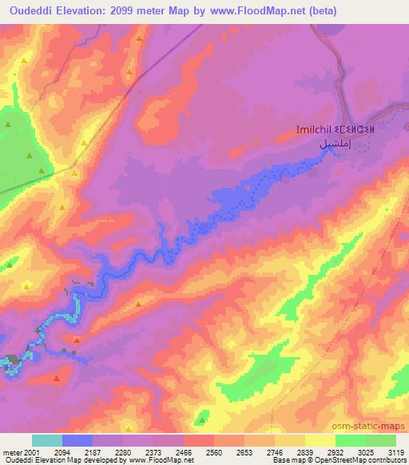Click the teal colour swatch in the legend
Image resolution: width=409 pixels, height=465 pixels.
pyautogui.click(x=47, y=440)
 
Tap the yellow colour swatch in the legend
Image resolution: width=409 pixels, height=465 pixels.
pyautogui.click(x=320, y=440)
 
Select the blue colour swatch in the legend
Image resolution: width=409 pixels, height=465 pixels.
pyautogui.click(x=77, y=440)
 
